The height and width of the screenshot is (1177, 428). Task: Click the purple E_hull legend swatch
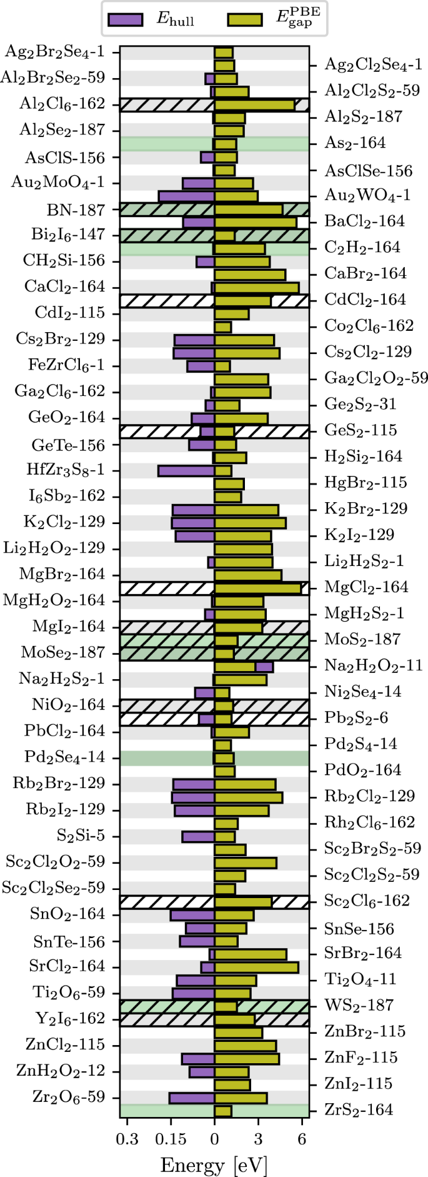[x=126, y=19]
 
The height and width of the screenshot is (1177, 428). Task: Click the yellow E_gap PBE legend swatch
[x=244, y=19]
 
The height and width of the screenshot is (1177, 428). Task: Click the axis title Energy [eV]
[x=214, y=1164]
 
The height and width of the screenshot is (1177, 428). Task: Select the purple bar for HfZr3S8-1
[x=186, y=470]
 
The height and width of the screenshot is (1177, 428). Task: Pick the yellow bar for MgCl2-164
[x=257, y=588]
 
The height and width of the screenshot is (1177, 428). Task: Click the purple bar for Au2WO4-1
[x=186, y=196]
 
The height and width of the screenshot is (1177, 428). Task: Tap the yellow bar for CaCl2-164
[x=256, y=288]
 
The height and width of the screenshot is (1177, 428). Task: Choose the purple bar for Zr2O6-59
[x=192, y=1098]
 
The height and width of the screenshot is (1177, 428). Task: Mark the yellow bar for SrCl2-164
[x=256, y=967]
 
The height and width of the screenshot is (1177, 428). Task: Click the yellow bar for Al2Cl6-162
[x=254, y=104]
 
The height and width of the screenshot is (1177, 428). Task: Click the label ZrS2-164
[x=359, y=1110]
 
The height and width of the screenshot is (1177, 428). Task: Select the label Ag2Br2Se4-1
[x=54, y=51]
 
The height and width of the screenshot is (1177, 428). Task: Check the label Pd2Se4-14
[x=65, y=757]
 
